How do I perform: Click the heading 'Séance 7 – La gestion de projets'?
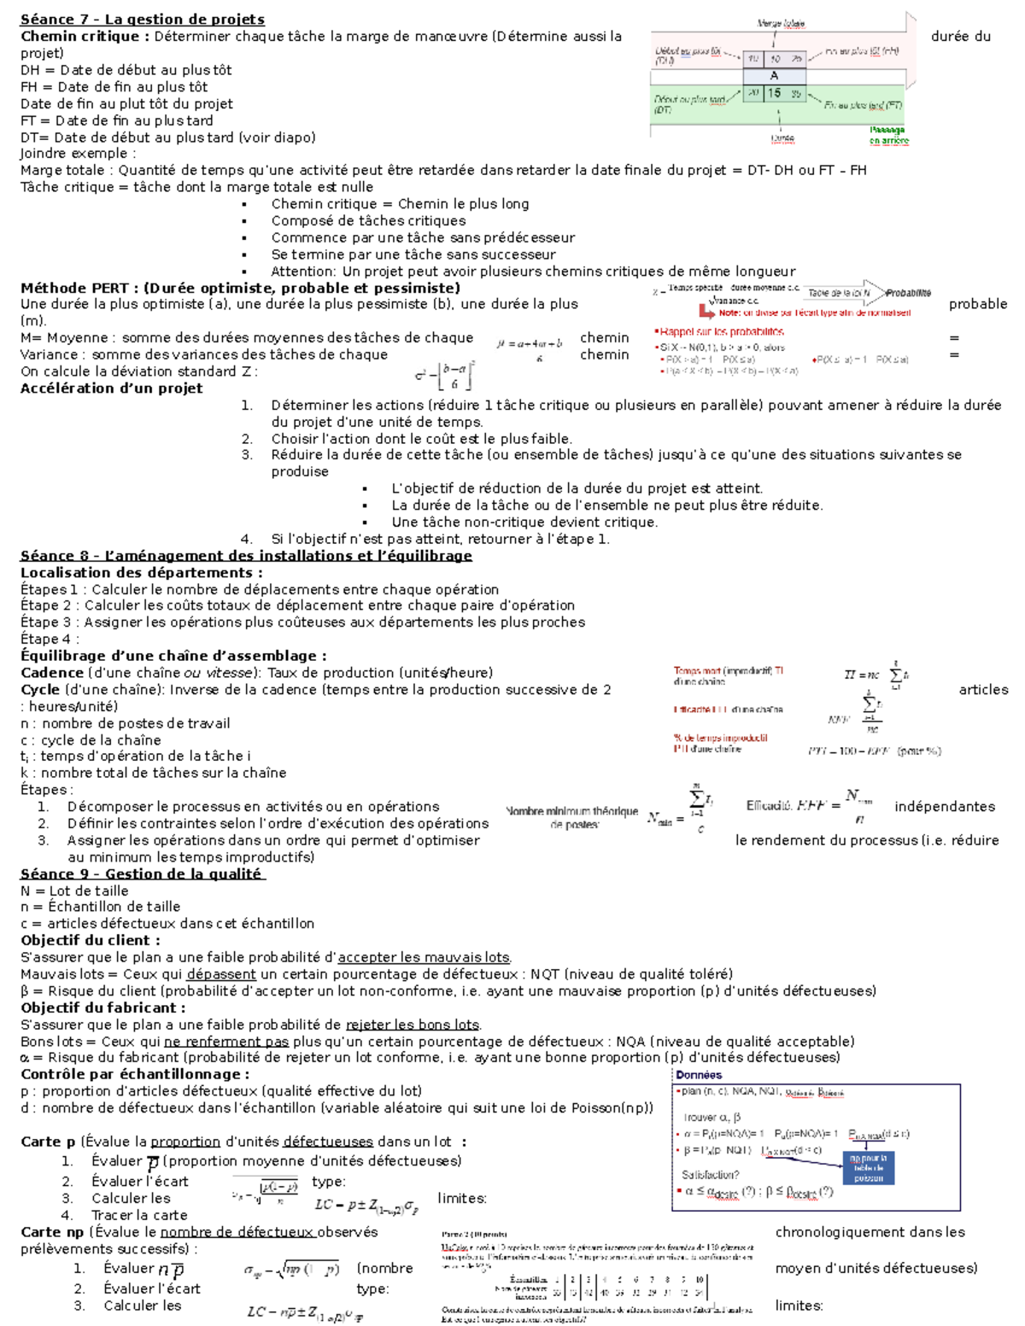pyautogui.click(x=142, y=20)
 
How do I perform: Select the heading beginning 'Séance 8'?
pyautogui.click(x=246, y=556)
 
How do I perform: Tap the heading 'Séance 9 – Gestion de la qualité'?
pyautogui.click(x=142, y=873)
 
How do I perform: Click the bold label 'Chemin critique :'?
pyautogui.click(x=85, y=36)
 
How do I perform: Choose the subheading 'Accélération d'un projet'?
pyautogui.click(x=111, y=388)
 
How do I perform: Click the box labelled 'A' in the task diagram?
pyautogui.click(x=774, y=76)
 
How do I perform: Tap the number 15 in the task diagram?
pyautogui.click(x=774, y=93)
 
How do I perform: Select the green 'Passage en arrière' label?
pyautogui.click(x=888, y=135)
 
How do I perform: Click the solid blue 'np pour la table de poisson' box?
pyautogui.click(x=868, y=1167)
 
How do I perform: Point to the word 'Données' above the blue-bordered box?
pyautogui.click(x=699, y=1075)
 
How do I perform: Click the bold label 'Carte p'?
pyautogui.click(x=48, y=1142)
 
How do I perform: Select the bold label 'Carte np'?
pyautogui.click(x=52, y=1232)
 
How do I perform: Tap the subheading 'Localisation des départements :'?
pyautogui.click(x=142, y=572)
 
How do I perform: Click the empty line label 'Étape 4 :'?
pyautogui.click(x=50, y=639)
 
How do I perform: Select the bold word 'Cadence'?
pyautogui.click(x=52, y=673)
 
